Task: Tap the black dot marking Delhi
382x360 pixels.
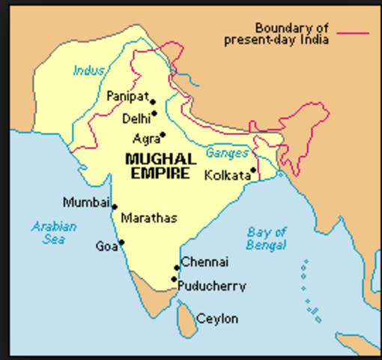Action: tap(154, 114)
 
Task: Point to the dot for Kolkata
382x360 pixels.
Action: tap(253, 170)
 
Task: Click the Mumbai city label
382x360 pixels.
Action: tap(85, 202)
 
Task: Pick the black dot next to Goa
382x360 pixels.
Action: tap(121, 241)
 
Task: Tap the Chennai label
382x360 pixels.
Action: tap(204, 262)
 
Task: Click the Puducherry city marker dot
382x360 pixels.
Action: tap(174, 279)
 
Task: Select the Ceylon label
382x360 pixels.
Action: tap(217, 319)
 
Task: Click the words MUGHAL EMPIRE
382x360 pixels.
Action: tap(160, 166)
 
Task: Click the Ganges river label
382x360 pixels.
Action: tap(227, 152)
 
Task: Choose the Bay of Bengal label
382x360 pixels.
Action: tap(267, 238)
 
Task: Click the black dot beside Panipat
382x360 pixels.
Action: tap(152, 102)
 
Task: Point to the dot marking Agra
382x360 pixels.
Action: tap(163, 135)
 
